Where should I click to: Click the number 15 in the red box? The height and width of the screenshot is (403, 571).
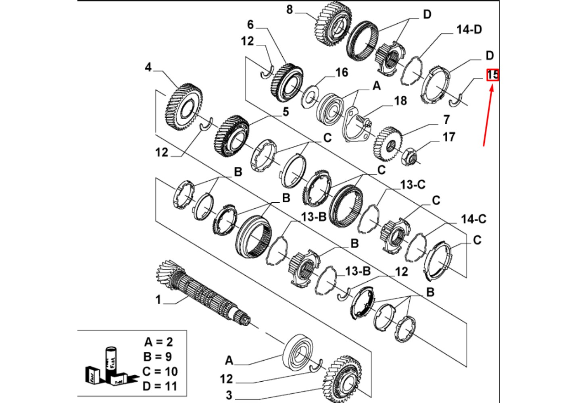[493, 75]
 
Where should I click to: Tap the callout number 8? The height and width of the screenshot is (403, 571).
[289, 9]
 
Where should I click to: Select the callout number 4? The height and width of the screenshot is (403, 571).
[148, 67]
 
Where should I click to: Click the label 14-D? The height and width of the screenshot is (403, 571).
[469, 29]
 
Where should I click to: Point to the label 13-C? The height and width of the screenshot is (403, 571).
[413, 185]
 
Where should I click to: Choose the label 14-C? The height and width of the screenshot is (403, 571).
[473, 219]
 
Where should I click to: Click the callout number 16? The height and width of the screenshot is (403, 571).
[342, 72]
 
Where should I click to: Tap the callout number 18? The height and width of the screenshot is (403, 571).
[400, 100]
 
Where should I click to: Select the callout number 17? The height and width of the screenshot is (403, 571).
[448, 137]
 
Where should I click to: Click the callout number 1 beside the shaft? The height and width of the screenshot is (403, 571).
[158, 300]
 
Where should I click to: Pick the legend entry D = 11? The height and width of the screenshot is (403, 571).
[160, 386]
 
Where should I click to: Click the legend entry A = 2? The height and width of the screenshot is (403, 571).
[158, 342]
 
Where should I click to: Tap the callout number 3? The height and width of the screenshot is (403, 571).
[229, 395]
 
